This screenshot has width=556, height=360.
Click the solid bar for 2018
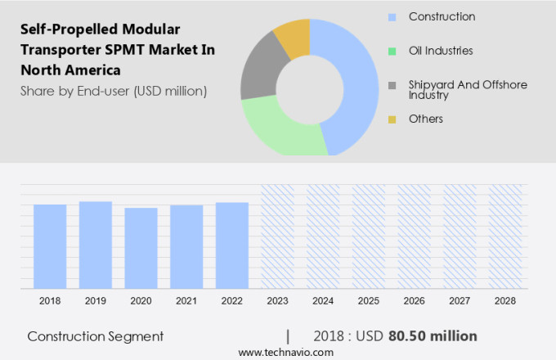(50, 245)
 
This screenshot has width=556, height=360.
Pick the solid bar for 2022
(232, 245)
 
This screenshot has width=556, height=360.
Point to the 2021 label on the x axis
(186, 301)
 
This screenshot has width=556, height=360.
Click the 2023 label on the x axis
(278, 301)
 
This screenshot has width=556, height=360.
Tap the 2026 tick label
(415, 301)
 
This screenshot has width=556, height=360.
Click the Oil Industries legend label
(441, 51)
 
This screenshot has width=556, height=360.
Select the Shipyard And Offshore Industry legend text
(468, 90)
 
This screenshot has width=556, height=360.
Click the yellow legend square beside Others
(392, 119)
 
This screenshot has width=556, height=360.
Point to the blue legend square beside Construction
(392, 17)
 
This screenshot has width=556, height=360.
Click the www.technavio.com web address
(285, 352)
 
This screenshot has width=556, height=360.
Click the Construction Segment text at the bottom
(95, 336)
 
